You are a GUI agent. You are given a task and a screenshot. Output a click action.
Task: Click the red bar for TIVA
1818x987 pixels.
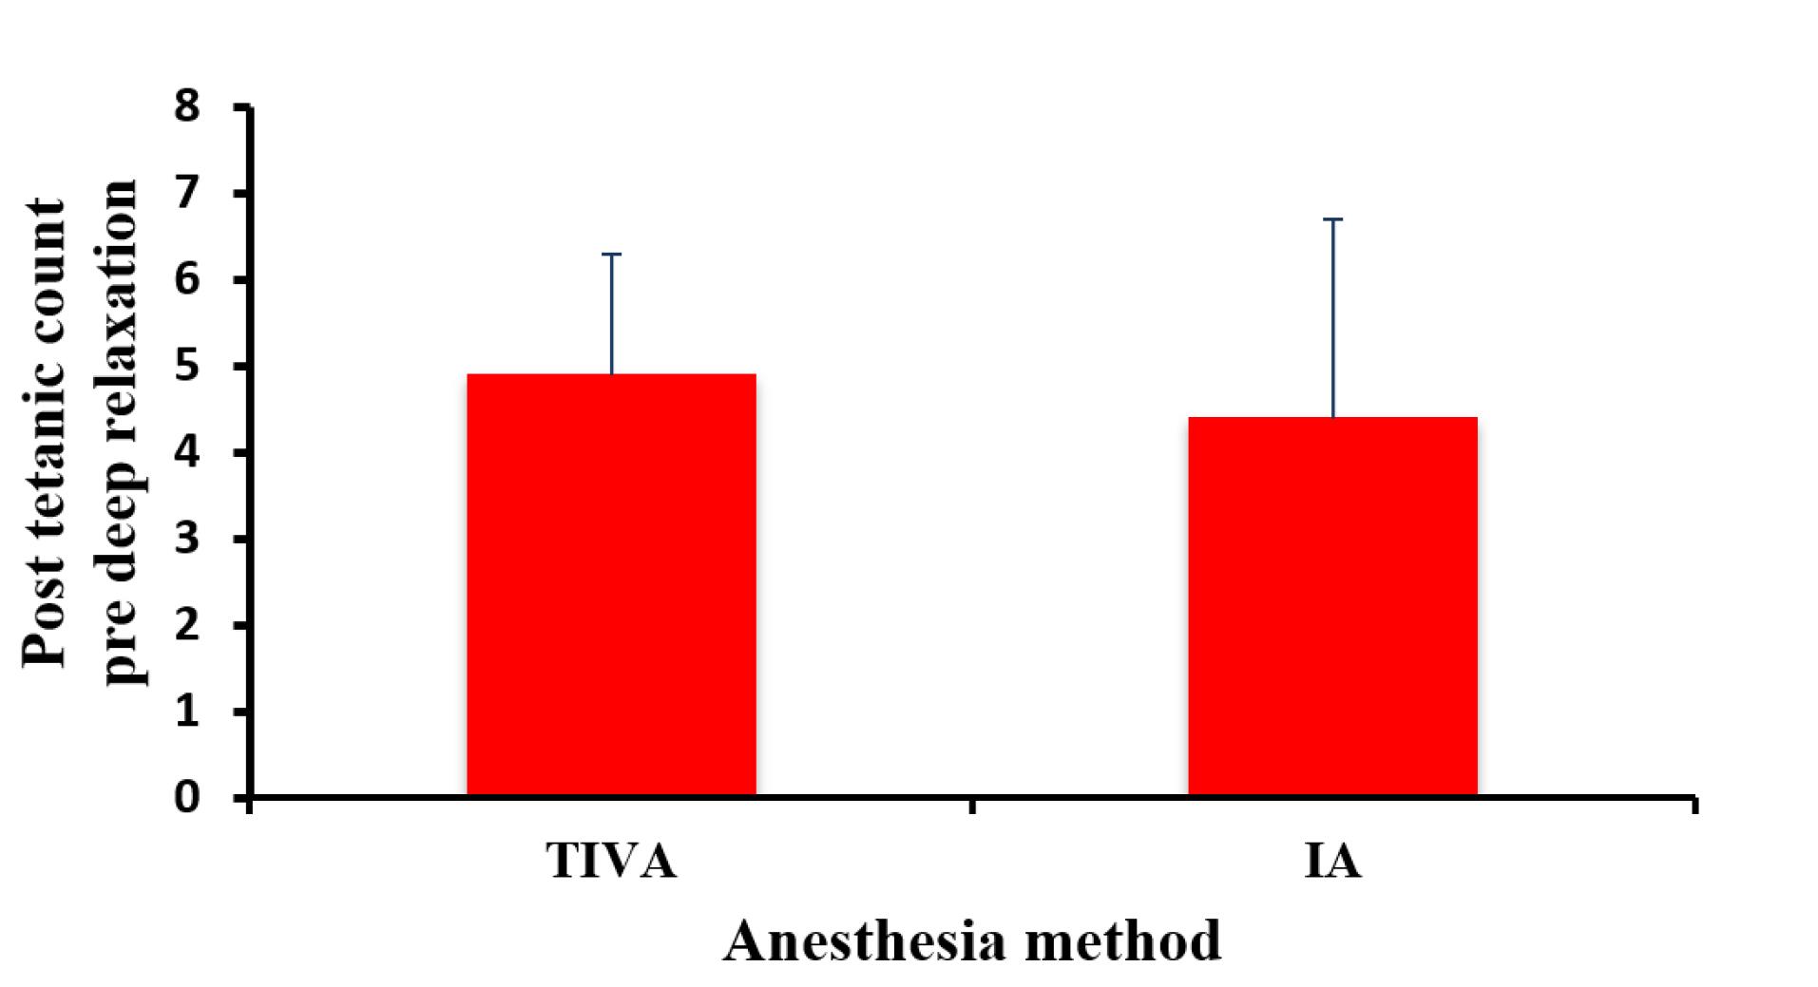(611, 584)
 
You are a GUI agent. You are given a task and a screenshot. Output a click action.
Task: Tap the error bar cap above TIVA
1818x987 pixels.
(611, 255)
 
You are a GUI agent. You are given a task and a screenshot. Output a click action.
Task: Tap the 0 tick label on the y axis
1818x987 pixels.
(188, 797)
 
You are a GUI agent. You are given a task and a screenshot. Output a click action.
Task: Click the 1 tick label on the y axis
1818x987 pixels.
(188, 711)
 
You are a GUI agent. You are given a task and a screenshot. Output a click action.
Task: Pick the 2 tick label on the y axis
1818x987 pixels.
(188, 624)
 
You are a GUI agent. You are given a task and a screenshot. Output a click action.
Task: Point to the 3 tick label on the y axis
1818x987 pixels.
(188, 538)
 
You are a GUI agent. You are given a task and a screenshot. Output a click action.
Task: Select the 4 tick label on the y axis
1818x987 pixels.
(188, 451)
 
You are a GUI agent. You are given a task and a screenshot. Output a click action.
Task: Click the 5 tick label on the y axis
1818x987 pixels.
(188, 365)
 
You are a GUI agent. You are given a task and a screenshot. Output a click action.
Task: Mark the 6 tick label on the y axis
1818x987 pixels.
(188, 279)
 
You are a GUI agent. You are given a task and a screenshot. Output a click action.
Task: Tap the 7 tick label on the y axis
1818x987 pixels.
(188, 193)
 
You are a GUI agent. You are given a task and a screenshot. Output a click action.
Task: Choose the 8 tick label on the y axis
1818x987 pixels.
(188, 106)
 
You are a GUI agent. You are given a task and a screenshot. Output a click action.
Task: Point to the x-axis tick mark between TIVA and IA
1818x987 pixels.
(971, 806)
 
